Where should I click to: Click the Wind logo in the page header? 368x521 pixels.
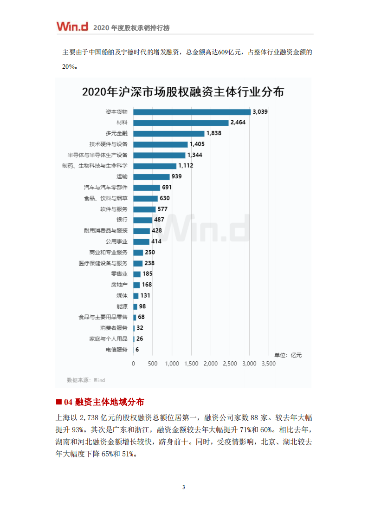pos(72,26)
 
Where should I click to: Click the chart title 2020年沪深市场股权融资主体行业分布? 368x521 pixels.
pos(183,91)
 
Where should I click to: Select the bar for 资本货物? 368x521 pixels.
pos(192,112)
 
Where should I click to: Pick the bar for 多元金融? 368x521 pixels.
pos(169,133)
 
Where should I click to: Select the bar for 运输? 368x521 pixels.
pos(151,177)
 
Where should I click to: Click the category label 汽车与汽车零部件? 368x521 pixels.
pos(106,188)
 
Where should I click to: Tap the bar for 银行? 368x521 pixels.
pos(142,220)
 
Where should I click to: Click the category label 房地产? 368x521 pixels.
pos(119,285)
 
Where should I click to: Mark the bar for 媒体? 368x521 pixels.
pos(136,296)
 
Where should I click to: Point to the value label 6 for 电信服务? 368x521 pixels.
pos(137,350)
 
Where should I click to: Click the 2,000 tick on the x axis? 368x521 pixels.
pos(211,364)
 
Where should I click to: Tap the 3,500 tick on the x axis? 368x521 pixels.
pos(269,364)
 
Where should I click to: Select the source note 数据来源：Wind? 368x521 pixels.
pos(86,380)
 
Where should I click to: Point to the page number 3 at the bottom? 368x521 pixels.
pos(184,487)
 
